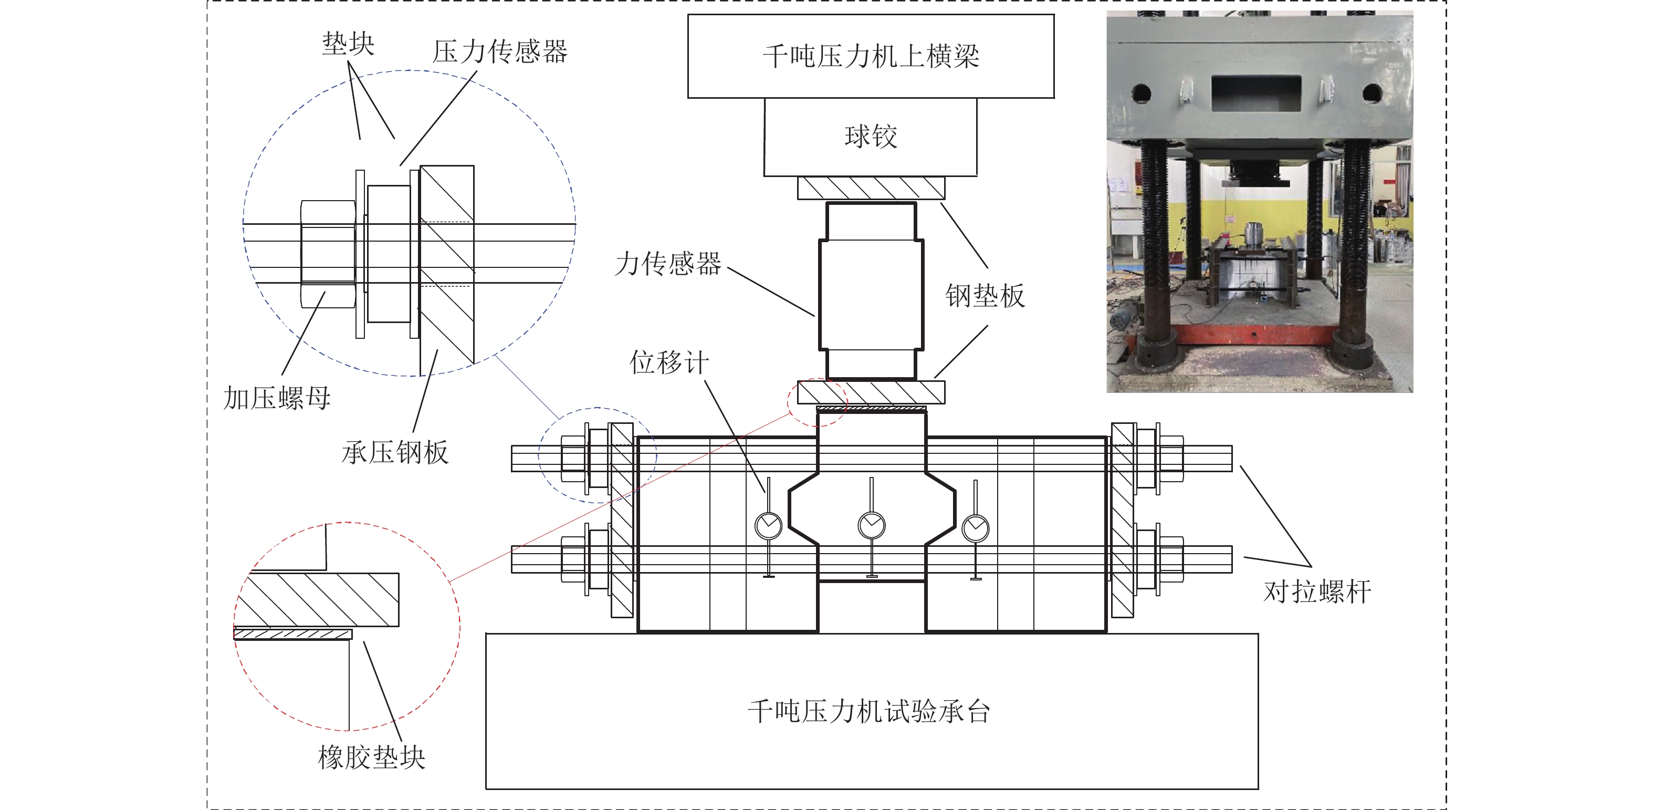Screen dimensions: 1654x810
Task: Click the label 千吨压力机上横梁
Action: pyautogui.click(x=871, y=57)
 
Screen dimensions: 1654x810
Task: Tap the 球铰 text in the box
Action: pyautogui.click(x=871, y=137)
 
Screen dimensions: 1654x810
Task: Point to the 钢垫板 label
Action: pyautogui.click(x=985, y=296)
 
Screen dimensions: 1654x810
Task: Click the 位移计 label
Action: pyautogui.click(x=669, y=363)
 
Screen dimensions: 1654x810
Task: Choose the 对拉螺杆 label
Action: pyautogui.click(x=1317, y=591)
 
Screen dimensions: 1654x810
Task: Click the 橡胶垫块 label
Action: pyautogui.click(x=372, y=757)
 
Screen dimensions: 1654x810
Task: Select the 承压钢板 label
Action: pyautogui.click(x=395, y=452)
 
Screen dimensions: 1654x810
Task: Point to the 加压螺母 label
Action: pyautogui.click(x=277, y=398)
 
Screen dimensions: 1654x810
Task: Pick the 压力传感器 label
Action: pyautogui.click(x=499, y=52)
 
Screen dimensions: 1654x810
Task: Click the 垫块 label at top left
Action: pyautogui.click(x=348, y=44)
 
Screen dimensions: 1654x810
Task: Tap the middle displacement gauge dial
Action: pyautogui.click(x=871, y=525)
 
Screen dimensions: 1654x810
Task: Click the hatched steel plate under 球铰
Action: pyautogui.click(x=871, y=188)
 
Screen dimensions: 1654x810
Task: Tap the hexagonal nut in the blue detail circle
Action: pyautogui.click(x=328, y=254)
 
